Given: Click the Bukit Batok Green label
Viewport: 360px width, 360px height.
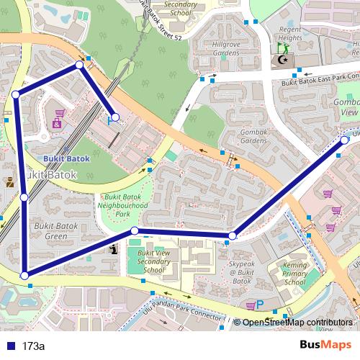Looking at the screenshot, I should (50, 231).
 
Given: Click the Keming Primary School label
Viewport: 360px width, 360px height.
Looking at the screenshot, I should (286, 274).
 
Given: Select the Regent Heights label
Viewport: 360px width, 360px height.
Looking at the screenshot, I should (290, 33).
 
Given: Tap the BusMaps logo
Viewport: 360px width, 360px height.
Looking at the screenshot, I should (330, 346).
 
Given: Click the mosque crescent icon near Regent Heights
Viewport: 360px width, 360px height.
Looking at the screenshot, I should (286, 62).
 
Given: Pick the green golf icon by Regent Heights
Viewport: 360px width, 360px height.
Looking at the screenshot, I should (283, 49).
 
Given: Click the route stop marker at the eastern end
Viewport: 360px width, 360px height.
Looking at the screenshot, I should (344, 140).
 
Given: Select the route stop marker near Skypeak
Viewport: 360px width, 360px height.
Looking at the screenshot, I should (233, 236).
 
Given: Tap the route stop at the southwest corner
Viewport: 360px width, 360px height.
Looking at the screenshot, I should (24, 275).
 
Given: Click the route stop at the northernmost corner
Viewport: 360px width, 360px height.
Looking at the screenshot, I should (80, 66).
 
